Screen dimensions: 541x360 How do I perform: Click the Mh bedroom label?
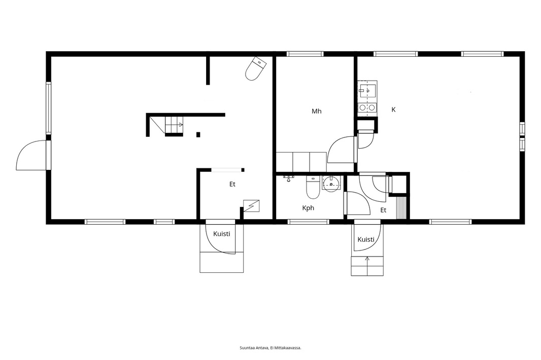[x=316, y=111]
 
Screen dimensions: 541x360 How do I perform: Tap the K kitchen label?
[x=393, y=110]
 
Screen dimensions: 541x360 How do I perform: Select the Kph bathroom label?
[x=308, y=208]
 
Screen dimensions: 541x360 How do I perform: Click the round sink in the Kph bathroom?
[x=331, y=183]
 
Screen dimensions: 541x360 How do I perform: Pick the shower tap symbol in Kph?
[x=288, y=178]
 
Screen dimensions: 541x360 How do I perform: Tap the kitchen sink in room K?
[x=367, y=91]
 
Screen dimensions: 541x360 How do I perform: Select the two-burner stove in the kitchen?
[x=367, y=107]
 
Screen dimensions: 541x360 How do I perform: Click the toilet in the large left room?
[x=256, y=68]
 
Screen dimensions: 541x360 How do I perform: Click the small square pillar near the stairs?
[x=198, y=134]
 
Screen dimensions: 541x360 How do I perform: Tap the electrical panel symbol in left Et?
[x=251, y=206]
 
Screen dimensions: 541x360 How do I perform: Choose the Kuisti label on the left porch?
[x=221, y=234]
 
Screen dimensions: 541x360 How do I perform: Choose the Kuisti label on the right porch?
[x=366, y=239]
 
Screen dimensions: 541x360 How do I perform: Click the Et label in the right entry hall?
[x=383, y=210]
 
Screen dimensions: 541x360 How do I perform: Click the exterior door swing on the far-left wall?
[x=31, y=155]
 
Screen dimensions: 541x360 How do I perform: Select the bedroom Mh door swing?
[x=342, y=149]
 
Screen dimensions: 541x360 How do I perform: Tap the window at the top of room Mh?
[x=305, y=54]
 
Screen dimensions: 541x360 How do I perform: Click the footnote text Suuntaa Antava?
[x=254, y=348]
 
